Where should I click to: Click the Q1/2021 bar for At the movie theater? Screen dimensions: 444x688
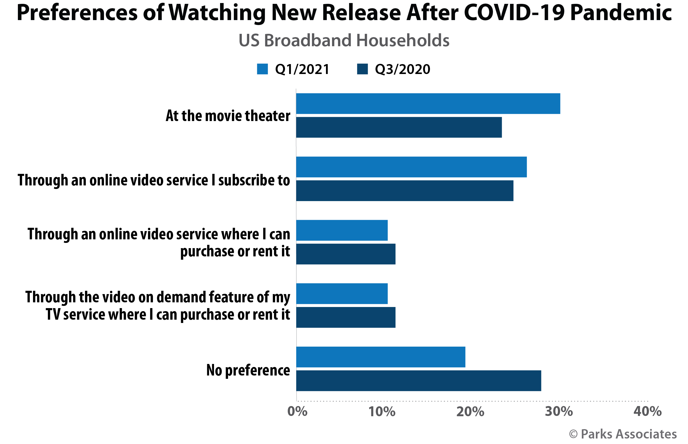428,104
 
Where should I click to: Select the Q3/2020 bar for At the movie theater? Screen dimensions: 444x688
399,127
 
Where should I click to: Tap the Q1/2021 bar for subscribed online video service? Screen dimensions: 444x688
411,167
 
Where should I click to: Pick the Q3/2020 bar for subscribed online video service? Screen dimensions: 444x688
405,191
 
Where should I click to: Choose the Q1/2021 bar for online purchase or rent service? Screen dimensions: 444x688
342,230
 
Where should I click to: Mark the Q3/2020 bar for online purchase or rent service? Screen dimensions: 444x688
346,254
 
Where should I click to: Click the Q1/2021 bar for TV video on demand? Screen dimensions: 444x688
342,294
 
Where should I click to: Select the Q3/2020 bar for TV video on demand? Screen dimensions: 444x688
346,317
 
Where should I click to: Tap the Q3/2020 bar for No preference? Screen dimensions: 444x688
418,380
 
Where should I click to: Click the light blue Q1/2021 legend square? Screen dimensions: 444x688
262,69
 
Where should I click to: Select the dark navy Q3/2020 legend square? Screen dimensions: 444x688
362,69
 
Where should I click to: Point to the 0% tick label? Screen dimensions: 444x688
297,412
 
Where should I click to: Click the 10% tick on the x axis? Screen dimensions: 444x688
382,412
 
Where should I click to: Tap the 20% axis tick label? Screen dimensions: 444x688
470,412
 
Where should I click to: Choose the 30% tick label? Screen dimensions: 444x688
559,412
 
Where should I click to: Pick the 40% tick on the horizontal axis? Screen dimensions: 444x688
647,412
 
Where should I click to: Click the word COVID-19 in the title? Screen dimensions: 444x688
514,13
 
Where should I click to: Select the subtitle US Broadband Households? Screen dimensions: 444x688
344,40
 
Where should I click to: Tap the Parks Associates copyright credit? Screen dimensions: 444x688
623,434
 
